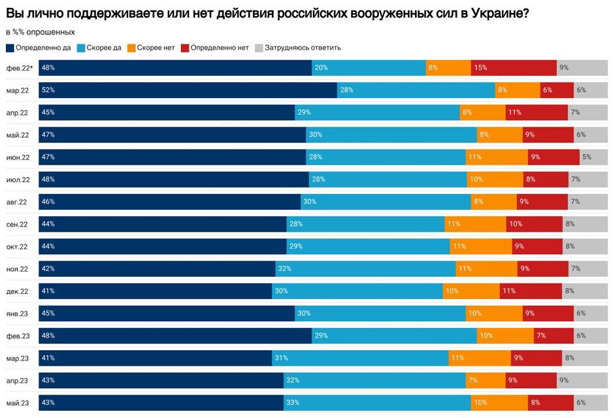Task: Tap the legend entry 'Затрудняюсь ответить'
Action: coord(303,48)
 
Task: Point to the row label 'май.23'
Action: coord(18,403)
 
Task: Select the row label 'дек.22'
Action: coord(18,291)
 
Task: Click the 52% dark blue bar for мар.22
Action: coord(188,90)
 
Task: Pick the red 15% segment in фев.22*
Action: coord(514,68)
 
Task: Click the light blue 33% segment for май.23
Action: coord(377,403)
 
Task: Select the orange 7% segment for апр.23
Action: coord(485,381)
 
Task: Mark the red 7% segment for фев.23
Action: coord(554,336)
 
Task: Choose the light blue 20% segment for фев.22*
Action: coord(369,68)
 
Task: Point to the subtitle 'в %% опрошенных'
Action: coord(40,32)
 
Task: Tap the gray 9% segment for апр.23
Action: coord(582,381)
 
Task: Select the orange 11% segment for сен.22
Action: coord(475,224)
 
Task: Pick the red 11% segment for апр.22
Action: coord(537,112)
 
